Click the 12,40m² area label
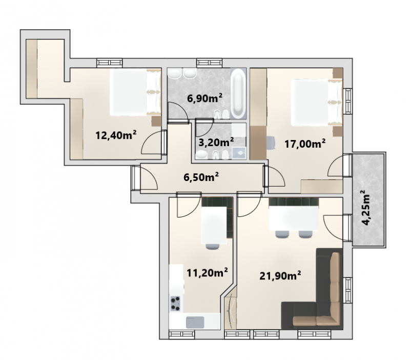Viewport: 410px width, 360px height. click(116, 135)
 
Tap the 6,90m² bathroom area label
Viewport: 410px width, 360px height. click(204, 98)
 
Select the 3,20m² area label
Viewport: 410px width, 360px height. click(216, 143)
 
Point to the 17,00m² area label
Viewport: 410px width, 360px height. click(305, 144)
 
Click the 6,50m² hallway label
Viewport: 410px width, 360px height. click(201, 177)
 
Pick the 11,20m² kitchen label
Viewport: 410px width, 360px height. click(207, 273)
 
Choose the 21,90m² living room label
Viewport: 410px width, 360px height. click(280, 275)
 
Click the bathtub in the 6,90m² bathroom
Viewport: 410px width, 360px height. click(238, 93)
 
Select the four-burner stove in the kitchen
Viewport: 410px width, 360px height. click(175, 304)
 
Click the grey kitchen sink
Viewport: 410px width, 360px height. click(195, 323)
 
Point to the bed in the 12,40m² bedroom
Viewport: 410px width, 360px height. click(135, 92)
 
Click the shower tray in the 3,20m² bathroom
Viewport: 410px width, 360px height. click(239, 153)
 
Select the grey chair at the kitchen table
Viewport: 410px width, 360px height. click(213, 247)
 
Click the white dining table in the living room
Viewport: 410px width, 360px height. click(294, 218)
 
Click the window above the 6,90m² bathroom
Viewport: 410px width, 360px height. click(210, 62)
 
